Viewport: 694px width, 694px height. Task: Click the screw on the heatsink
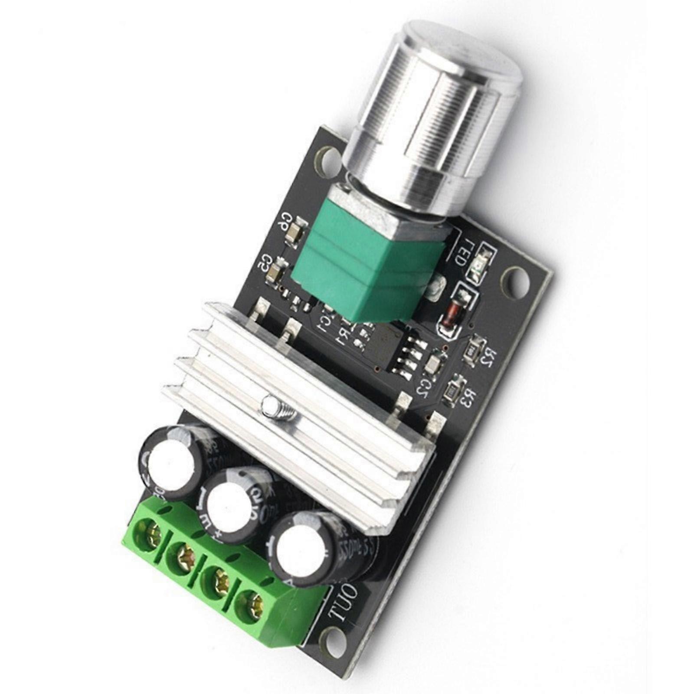pos(272,406)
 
